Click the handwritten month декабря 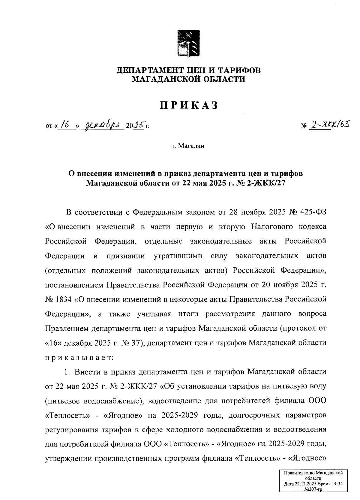(x=102, y=124)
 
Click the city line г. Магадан (x=188, y=146)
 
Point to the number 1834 (x=63, y=299)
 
